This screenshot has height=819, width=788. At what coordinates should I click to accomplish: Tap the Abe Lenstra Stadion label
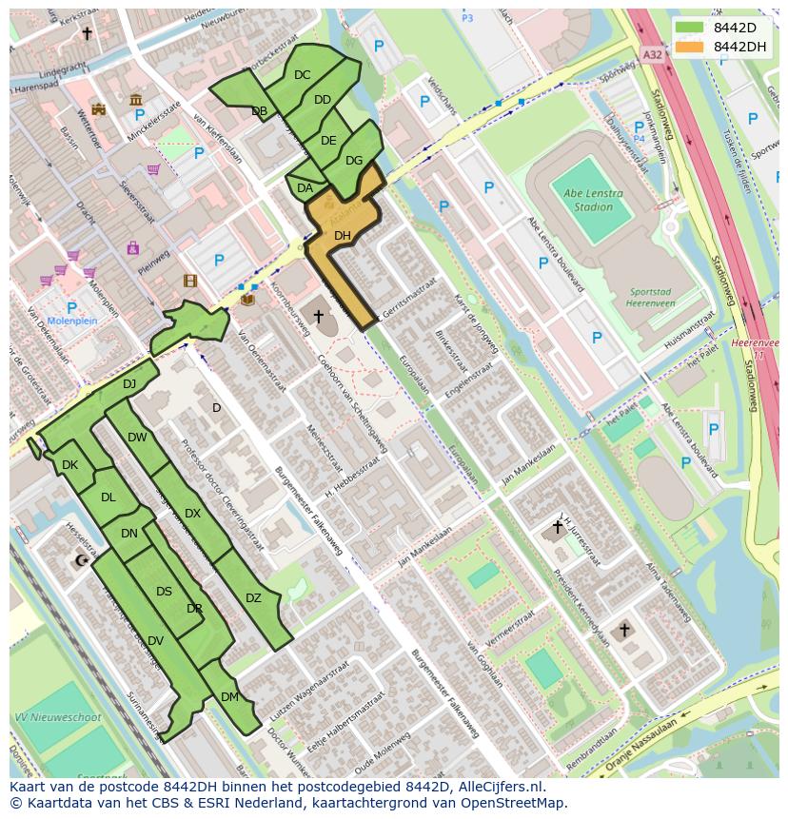click(592, 200)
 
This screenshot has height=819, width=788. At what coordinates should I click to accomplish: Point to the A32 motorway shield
click(651, 55)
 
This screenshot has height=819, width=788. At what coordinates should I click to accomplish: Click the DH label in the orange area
click(343, 235)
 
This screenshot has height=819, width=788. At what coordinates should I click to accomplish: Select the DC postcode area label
click(303, 75)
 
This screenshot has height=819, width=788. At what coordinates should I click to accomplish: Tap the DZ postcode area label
click(253, 598)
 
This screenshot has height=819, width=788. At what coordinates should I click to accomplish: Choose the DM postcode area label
click(229, 697)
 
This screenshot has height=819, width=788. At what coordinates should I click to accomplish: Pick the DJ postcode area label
click(129, 384)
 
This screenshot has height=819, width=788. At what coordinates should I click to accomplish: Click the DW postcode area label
click(137, 438)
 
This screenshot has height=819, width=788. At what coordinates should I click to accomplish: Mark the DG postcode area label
click(354, 161)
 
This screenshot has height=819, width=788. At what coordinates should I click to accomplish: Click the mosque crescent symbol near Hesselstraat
click(80, 561)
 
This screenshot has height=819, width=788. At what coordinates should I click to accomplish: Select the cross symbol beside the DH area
click(318, 316)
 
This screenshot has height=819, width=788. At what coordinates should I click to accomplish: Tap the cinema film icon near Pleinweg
click(190, 281)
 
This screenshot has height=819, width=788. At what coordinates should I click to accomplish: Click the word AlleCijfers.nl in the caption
click(498, 787)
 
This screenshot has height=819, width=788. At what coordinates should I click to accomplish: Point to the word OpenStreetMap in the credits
click(517, 803)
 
